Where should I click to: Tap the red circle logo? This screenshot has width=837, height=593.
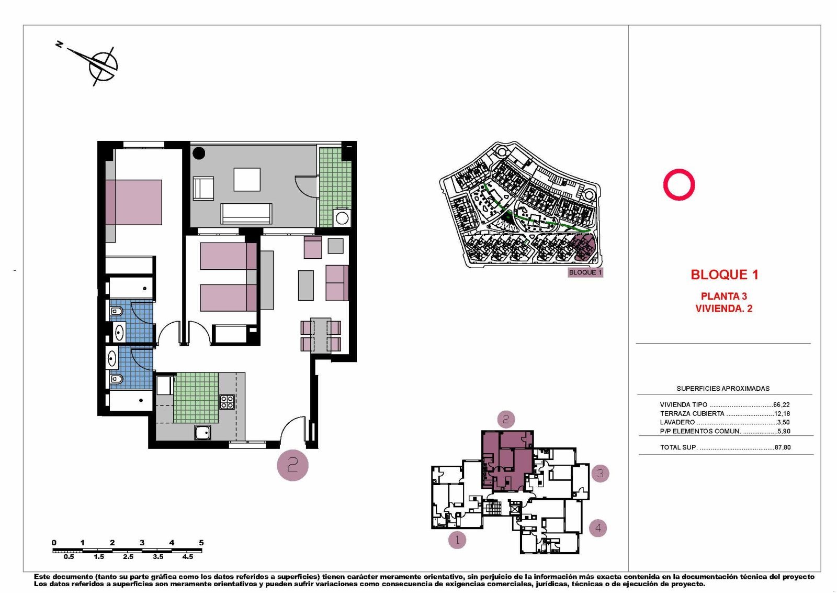tap(678, 184)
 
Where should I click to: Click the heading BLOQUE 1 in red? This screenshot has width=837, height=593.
tap(724, 274)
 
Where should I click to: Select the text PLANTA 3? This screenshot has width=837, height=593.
tap(723, 296)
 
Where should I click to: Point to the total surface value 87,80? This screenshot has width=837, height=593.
tap(782, 447)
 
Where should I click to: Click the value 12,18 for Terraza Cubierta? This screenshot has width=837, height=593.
tap(782, 413)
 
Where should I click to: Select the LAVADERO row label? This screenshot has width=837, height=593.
tap(677, 422)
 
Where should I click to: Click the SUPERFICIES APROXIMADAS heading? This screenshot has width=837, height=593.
tap(722, 388)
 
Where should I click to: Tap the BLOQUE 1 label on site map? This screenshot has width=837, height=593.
tap(585, 272)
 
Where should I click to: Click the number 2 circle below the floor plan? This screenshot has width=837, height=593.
tap(292, 465)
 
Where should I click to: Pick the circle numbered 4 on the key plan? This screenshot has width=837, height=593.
tap(598, 528)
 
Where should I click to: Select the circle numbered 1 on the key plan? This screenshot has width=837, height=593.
tap(457, 540)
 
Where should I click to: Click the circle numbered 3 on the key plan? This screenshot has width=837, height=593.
tap(600, 474)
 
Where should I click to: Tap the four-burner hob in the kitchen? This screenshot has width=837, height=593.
tap(227, 402)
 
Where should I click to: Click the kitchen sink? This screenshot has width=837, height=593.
tap(202, 432)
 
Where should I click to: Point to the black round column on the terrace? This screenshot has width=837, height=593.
tap(199, 153)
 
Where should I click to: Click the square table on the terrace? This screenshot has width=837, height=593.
tap(247, 179)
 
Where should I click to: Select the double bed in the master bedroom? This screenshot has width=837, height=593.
tap(134, 202)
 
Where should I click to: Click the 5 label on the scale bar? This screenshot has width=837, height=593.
tap(201, 543)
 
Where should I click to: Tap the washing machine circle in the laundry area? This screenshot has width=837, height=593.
tap(342, 218)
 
